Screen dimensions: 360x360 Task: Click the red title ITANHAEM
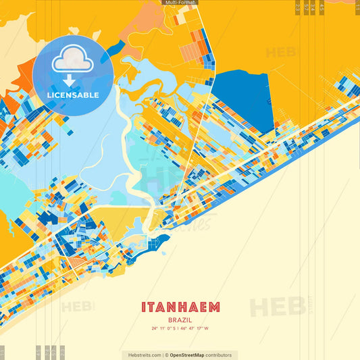tap(180, 307)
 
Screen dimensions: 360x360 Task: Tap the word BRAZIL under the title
tap(180, 319)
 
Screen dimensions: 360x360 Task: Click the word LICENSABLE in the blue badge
tap(72, 95)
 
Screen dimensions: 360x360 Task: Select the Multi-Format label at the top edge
tap(180, 3)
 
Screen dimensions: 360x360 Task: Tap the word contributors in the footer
tap(219, 355)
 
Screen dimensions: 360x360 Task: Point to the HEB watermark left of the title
tap(78, 307)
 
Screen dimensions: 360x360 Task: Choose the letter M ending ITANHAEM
tap(214, 307)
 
